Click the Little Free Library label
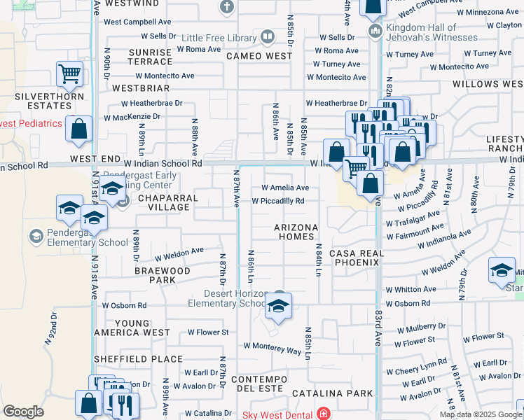(220, 37)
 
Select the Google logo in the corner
(23, 412)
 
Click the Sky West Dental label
(277, 414)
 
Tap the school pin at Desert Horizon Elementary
(278, 306)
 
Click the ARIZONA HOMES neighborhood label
(296, 232)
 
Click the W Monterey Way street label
(273, 346)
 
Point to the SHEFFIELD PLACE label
(138, 358)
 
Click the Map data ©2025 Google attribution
(481, 414)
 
